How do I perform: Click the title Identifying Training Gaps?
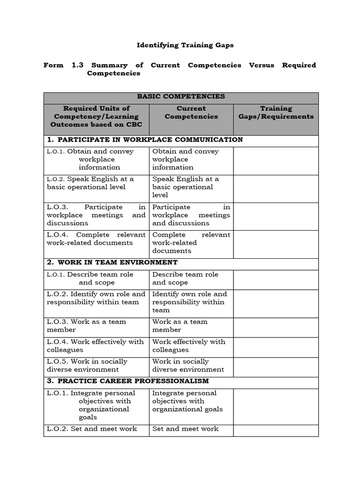185,45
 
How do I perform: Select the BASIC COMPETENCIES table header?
181,97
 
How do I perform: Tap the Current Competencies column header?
191,112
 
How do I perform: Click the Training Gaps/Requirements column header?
276,112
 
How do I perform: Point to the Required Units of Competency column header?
97,116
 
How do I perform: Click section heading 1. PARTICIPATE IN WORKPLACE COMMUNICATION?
144,140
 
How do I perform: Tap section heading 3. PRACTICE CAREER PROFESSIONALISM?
127,381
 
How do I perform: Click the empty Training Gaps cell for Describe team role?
276,279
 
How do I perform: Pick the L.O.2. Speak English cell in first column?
97,183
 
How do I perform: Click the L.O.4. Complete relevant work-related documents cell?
97,239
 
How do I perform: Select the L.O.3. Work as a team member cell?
97,326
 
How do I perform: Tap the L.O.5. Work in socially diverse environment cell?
97,366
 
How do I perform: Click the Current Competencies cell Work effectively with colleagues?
191,346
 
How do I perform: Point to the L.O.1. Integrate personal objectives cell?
97,405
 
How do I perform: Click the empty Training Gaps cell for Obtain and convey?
276,159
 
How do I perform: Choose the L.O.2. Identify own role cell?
97,298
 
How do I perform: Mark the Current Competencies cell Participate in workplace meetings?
191,215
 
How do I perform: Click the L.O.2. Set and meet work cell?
97,429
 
